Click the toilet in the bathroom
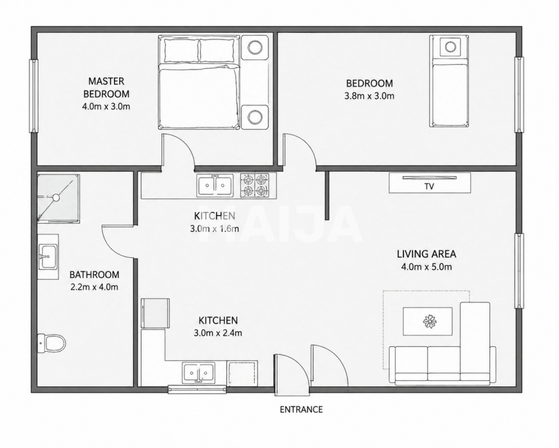point(51,343)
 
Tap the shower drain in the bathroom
point(56,198)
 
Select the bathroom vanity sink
point(48,257)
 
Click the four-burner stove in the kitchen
point(255,185)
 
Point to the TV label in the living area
point(429,186)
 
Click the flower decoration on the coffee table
point(430,322)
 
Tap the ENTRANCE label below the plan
point(301,410)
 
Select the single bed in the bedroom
point(449,81)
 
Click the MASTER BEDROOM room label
point(106,87)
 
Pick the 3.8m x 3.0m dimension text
point(369,96)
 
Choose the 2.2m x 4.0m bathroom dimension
point(94,287)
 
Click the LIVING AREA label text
point(426,254)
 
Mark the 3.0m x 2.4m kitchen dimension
point(218,333)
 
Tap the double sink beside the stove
point(215,186)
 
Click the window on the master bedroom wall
point(34,96)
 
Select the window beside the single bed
point(519,95)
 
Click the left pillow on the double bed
point(181,50)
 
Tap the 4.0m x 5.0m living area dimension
point(427,267)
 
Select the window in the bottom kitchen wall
point(197,389)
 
